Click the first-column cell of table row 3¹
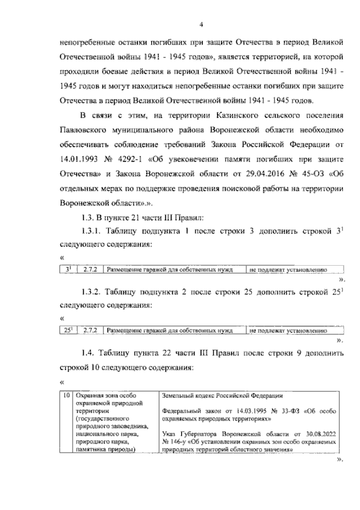(67, 269)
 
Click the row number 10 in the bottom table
(66, 396)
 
